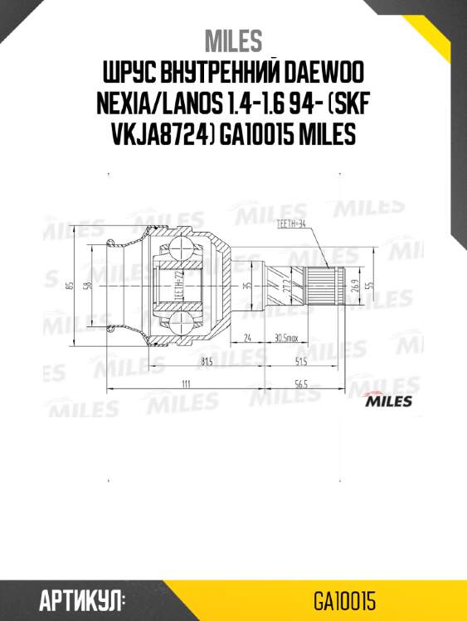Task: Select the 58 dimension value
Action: click(x=87, y=286)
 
